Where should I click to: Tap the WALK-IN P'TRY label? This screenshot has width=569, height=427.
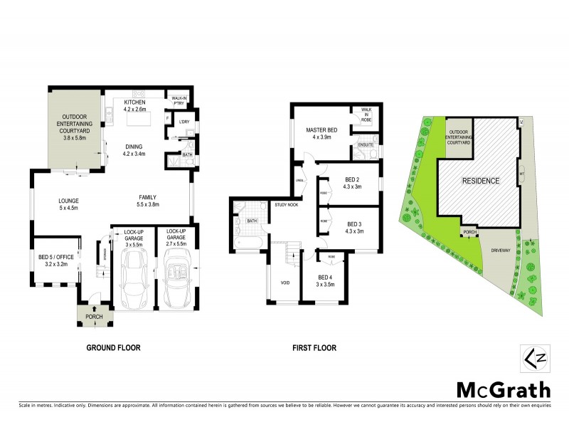tap(176, 100)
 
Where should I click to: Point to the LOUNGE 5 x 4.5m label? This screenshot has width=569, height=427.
tap(68, 205)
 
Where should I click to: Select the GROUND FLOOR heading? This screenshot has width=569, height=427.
tap(113, 348)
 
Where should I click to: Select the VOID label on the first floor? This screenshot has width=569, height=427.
tap(284, 282)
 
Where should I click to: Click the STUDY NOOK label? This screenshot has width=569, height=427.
tap(287, 205)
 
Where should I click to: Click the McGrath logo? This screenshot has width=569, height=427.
tap(503, 389)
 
